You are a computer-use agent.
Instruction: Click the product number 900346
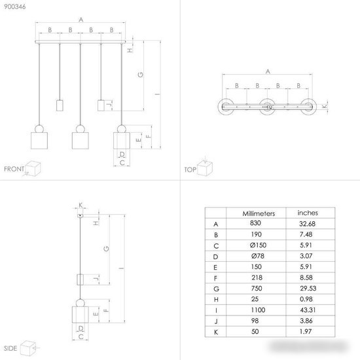coord(14,7)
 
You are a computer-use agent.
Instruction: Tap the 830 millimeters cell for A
coord(255,223)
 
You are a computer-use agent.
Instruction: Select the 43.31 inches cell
coord(308,310)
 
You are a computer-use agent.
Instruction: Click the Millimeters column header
coord(259,213)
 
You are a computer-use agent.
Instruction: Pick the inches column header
coord(308,213)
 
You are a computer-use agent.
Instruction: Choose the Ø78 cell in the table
coord(258,256)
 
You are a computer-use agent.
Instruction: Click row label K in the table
coord(216,332)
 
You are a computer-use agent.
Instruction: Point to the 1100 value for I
coord(258,310)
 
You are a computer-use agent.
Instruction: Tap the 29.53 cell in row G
coord(308,289)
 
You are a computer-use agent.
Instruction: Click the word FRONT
coord(14,169)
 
